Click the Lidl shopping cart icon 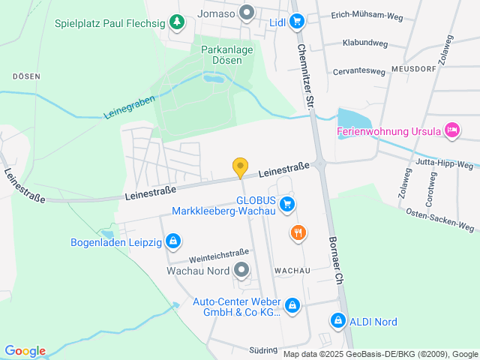[297, 22]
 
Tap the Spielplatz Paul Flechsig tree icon [177, 22]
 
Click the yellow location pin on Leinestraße [240, 168]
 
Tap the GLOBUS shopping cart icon [286, 203]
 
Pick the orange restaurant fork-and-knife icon [298, 232]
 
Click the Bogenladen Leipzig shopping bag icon [173, 241]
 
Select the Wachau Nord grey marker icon [241, 269]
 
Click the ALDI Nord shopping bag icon [338, 321]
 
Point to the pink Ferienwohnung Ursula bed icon [451, 131]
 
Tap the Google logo [25, 351]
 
